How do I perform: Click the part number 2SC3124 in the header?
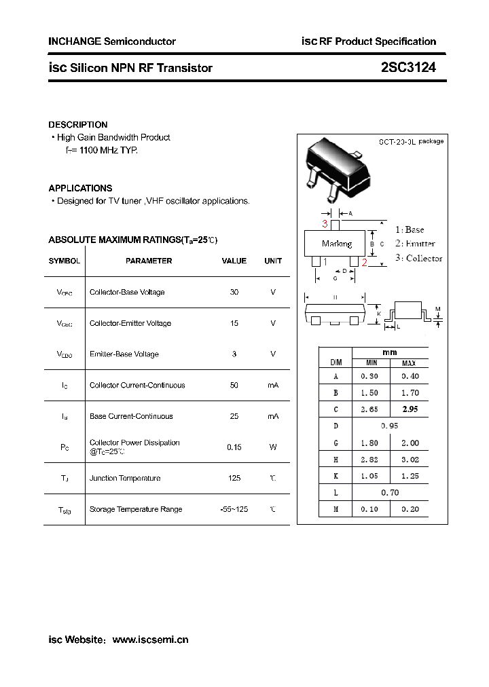pos(408,68)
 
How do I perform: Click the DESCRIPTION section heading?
pos(78,125)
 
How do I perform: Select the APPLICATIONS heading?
pos(80,188)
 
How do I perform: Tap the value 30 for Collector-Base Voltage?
pos(234,292)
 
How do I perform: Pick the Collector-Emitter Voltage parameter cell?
pos(130,323)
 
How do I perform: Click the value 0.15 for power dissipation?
pos(234,447)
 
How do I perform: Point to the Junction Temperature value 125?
pos(234,478)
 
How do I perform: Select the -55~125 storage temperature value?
pos(234,509)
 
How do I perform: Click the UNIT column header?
pos(273,261)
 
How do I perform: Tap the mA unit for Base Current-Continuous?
pos(273,416)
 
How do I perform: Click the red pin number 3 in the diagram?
pos(325,223)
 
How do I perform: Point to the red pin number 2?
pos(365,263)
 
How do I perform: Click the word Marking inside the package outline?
pos(337,244)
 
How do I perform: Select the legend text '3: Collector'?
pos(419,258)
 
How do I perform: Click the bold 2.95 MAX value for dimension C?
pos(410,409)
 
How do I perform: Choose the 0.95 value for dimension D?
pos(390,426)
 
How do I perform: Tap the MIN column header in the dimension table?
pos(372,363)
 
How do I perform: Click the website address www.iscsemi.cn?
pos(150,639)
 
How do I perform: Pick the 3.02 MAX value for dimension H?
pos(410,459)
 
